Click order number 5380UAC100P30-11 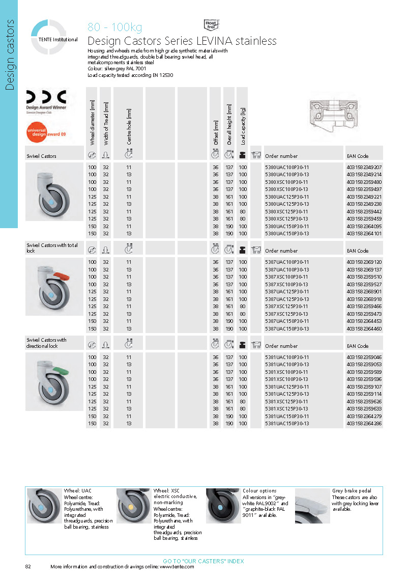pyautogui.click(x=287, y=167)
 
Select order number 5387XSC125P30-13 pyautogui.click(x=287, y=314)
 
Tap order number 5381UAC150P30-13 pyautogui.click(x=287, y=423)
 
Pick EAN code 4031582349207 pyautogui.click(x=364, y=167)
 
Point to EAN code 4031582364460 pyautogui.click(x=364, y=328)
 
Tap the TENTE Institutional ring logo pyautogui.click(x=49, y=37)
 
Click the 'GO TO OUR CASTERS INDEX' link pyautogui.click(x=203, y=561)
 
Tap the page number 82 pyautogui.click(x=28, y=567)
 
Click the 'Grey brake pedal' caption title pyautogui.click(x=351, y=490)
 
